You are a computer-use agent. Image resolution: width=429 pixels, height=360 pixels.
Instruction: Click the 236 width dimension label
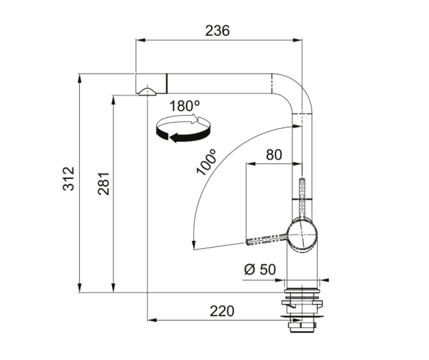tap(217, 30)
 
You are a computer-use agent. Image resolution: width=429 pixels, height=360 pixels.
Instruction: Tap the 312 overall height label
tap(68, 179)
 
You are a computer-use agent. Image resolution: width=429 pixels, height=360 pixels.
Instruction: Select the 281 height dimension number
tap(104, 183)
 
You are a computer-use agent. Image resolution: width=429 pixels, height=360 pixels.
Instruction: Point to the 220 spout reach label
tap(222, 311)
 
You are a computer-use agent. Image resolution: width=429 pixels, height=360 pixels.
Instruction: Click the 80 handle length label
tap(274, 155)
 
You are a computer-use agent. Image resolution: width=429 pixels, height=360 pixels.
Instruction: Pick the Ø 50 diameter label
tap(260, 269)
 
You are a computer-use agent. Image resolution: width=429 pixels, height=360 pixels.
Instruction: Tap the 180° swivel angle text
tap(185, 106)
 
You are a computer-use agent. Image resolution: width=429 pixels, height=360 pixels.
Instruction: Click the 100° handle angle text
tap(207, 162)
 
